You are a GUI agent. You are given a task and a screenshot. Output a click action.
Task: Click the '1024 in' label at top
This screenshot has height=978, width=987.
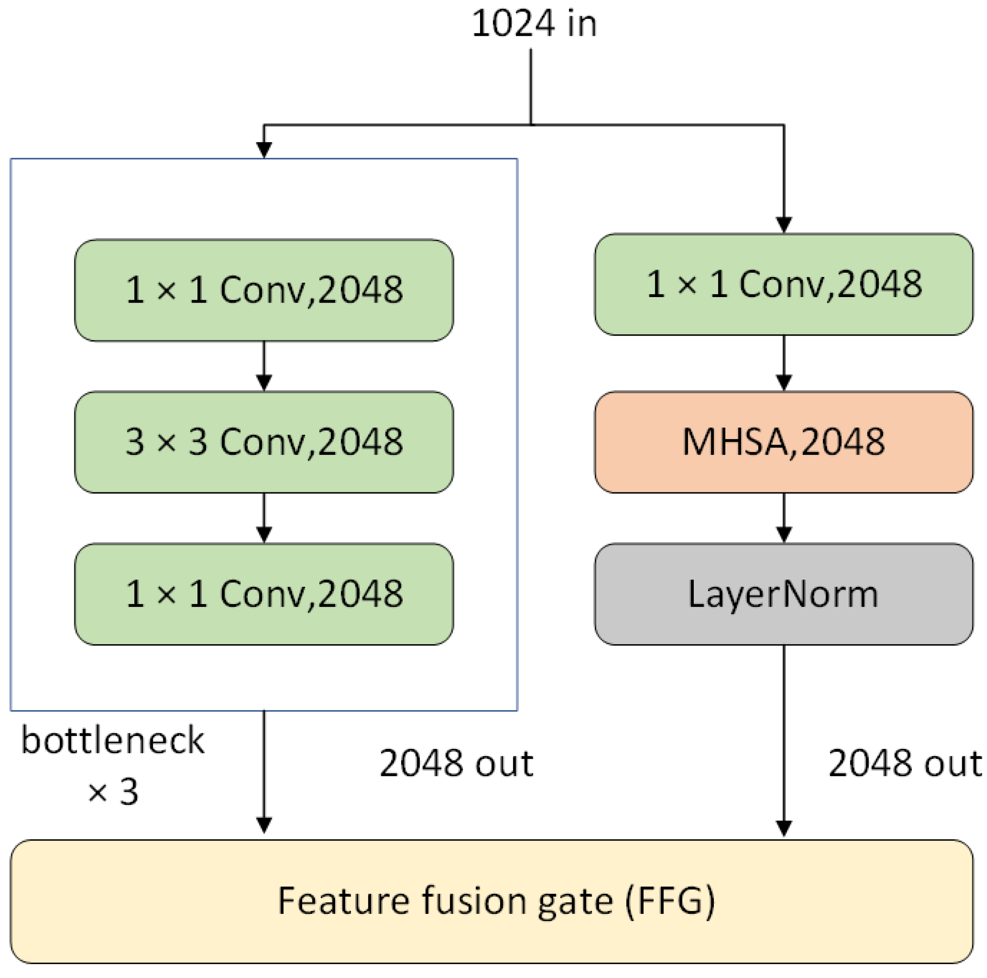[534, 24]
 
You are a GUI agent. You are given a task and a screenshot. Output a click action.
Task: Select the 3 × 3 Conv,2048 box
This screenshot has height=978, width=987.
[264, 442]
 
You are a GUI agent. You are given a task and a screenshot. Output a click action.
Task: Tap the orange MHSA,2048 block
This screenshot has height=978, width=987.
[783, 442]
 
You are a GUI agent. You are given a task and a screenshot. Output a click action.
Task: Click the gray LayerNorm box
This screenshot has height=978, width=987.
[783, 594]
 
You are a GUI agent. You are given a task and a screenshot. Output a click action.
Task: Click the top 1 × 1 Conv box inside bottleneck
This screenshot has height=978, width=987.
[264, 290]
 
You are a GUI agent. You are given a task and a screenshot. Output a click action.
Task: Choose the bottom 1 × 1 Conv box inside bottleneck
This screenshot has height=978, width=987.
[264, 594]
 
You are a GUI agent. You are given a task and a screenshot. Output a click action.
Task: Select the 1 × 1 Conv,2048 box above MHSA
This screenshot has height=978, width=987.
[783, 284]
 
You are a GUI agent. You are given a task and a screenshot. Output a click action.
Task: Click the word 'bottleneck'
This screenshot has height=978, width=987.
[112, 740]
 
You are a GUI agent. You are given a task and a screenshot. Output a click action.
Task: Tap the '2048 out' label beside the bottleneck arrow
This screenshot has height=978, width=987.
[456, 763]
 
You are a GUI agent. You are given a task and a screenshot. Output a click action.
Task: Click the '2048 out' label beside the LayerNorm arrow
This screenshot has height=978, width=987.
[904, 763]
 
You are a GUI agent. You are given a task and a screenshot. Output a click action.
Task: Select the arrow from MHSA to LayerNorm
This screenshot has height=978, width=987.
[784, 517]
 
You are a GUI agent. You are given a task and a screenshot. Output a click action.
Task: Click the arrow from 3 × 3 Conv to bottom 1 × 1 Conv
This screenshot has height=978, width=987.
[264, 517]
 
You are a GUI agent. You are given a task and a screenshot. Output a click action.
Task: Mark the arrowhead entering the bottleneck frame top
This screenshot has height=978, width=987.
[264, 149]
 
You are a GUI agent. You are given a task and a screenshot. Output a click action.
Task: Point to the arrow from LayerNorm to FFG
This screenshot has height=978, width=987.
[784, 741]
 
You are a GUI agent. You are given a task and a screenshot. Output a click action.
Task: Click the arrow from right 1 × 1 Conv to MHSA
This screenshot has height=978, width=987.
[784, 363]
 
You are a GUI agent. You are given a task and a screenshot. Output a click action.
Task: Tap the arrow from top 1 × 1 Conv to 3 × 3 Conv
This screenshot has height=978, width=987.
[264, 365]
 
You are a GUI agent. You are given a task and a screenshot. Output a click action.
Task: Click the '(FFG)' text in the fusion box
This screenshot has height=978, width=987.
[670, 901]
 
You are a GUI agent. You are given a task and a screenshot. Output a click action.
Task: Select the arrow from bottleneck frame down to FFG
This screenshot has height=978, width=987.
[264, 772]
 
